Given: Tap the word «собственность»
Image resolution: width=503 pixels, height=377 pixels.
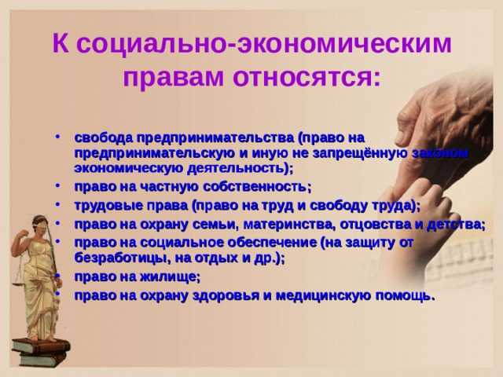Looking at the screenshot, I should [252, 186].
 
